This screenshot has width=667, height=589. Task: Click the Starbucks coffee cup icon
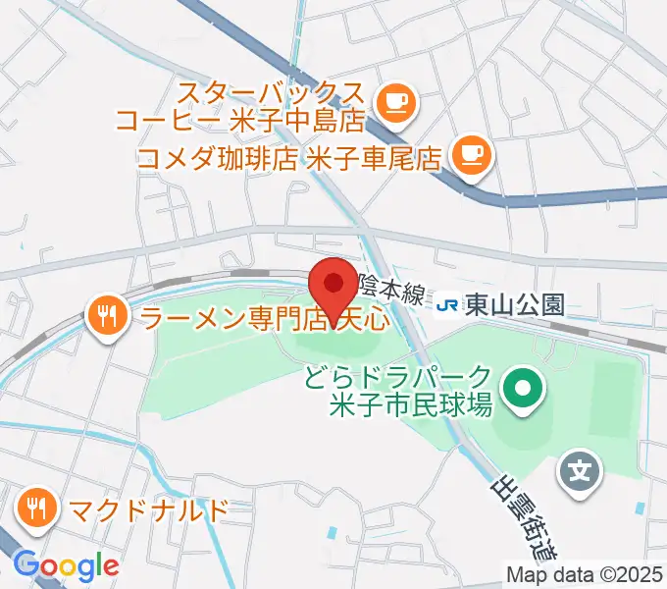pyautogui.click(x=395, y=100)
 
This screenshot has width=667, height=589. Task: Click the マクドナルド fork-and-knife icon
pyautogui.click(x=37, y=508)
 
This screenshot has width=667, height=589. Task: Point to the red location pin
pyautogui.click(x=333, y=286)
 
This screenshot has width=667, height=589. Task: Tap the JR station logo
pyautogui.click(x=447, y=305)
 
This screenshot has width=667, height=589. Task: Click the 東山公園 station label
pyautogui.click(x=515, y=305)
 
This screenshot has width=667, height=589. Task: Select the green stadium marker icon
pyautogui.click(x=523, y=390)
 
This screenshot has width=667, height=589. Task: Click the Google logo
pyautogui.click(x=66, y=565)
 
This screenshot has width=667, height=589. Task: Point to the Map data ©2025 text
pyautogui.click(x=585, y=574)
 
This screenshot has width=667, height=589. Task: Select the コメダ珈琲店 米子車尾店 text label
pyautogui.click(x=289, y=159)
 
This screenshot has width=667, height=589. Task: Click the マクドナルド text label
pyautogui.click(x=148, y=509)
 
